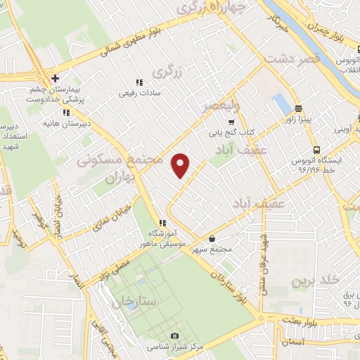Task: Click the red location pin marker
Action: pyautogui.click(x=181, y=165)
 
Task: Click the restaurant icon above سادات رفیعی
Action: pyautogui.click(x=139, y=82)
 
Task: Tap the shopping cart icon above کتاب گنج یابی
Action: pyautogui.click(x=231, y=121)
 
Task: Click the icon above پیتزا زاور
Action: pyautogui.click(x=299, y=109)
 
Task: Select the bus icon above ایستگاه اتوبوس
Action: pyautogui.click(x=316, y=150)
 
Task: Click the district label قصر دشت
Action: pyautogui.click(x=290, y=59)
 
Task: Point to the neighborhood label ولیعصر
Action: pyautogui.click(x=221, y=106)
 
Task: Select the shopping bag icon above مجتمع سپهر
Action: pyautogui.click(x=212, y=238)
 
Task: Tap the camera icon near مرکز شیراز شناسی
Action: pyautogui.click(x=175, y=336)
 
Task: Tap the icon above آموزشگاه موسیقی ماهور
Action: pyautogui.click(x=162, y=223)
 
